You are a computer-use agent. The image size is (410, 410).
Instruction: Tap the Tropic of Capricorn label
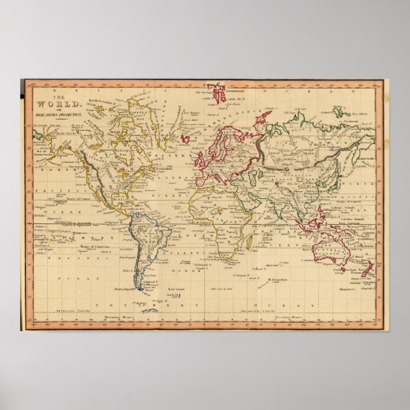(89, 246)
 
